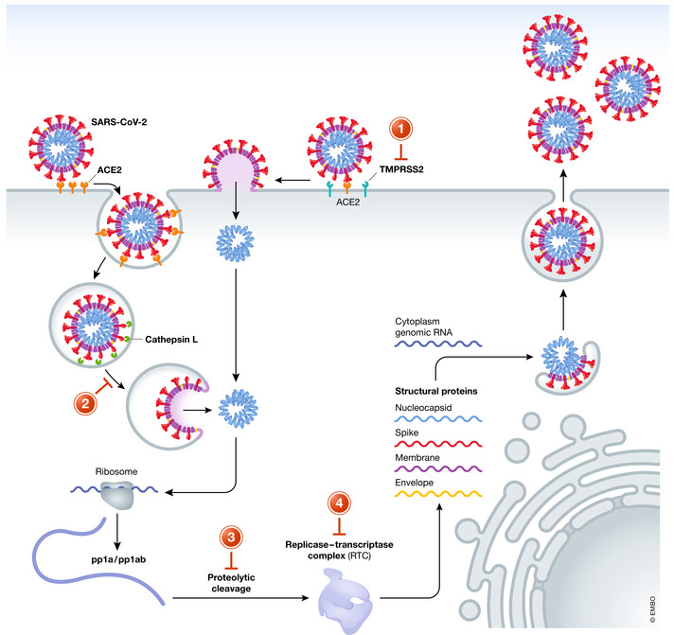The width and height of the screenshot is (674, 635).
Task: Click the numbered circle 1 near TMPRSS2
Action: tap(403, 131)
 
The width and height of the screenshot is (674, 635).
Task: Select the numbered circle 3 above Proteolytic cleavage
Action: tap(233, 538)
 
